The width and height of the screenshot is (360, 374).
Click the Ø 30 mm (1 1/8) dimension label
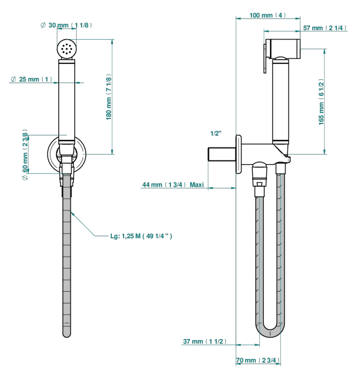click(66, 25)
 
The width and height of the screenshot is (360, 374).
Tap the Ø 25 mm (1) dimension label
click(31, 79)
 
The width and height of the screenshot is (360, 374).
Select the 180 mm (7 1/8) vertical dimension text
click(109, 97)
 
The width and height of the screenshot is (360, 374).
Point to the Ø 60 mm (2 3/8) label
click(25, 154)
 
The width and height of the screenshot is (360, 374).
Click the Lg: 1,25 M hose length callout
click(141, 236)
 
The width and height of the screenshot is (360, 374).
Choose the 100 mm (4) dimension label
click(268, 15)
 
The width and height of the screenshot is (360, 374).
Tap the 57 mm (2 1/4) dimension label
click(324, 28)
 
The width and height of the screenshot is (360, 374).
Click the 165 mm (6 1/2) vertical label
click(321, 102)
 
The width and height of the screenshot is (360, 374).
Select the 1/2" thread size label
click(216, 133)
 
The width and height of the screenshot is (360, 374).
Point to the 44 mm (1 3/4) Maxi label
click(173, 184)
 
